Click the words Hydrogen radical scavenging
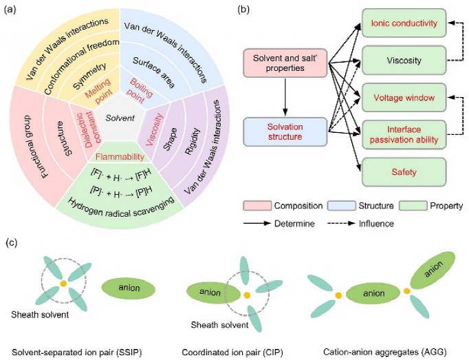pos(120,202)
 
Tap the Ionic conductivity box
pos(404,24)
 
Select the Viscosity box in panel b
pos(404,60)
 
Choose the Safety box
pos(404,170)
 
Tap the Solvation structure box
pos(284,131)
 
